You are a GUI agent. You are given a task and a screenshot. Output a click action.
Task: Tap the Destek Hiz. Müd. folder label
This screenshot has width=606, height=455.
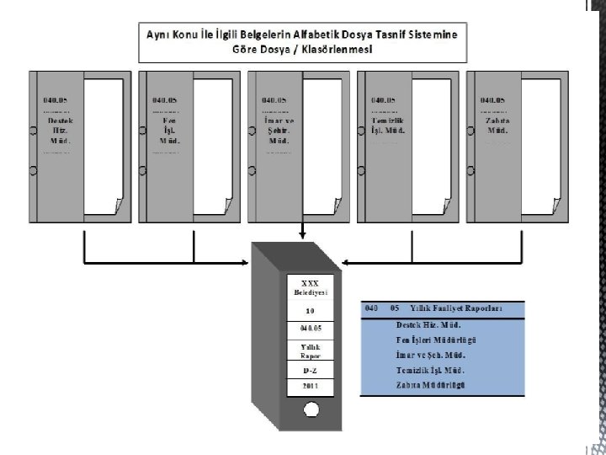[x=56, y=130]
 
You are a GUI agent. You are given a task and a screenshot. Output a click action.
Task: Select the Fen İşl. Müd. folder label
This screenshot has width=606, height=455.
[x=165, y=130]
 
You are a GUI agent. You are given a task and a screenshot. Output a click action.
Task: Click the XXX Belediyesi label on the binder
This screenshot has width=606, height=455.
[x=311, y=286]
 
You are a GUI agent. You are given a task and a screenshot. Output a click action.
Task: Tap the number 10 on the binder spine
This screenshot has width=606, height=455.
[x=311, y=310]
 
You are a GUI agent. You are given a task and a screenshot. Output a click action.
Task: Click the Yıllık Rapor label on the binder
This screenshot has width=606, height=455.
[x=311, y=350]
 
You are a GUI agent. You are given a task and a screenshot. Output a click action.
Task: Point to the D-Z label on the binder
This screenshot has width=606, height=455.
[x=311, y=370]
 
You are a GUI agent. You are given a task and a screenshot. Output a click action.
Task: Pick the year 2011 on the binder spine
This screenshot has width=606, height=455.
[x=311, y=386]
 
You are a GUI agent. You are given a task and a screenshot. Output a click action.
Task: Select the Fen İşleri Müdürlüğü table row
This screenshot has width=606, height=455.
[x=436, y=340]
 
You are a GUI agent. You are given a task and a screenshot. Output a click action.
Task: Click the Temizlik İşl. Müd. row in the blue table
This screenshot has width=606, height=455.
[x=430, y=370]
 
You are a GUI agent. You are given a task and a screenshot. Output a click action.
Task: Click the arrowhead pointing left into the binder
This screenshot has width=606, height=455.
[x=347, y=261]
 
